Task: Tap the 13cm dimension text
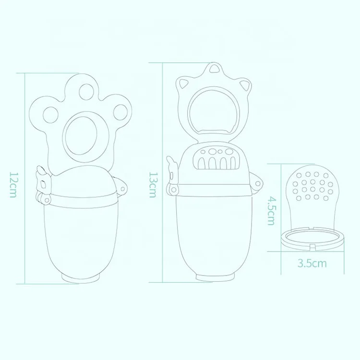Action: pyautogui.click(x=152, y=185)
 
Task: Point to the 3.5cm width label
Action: pyautogui.click(x=312, y=263)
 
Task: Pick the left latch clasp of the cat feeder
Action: pyautogui.click(x=172, y=178)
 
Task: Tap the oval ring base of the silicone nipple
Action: pyautogui.click(x=312, y=237)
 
